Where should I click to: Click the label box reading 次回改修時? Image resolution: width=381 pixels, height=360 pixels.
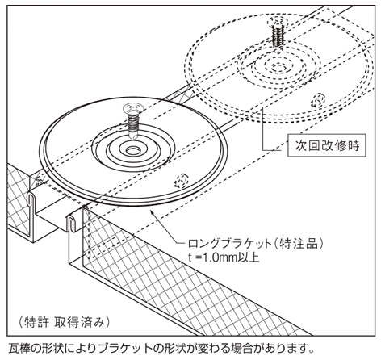(327, 145)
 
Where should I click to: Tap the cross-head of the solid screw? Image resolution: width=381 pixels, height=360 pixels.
(133, 110)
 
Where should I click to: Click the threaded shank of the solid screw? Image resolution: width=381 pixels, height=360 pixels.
(134, 124)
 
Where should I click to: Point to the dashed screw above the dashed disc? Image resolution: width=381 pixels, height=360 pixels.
(278, 31)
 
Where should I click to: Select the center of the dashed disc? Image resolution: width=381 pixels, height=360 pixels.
(279, 66)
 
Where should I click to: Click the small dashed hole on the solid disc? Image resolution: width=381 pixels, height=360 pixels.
(182, 180)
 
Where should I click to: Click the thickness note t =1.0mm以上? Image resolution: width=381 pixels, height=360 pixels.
(224, 257)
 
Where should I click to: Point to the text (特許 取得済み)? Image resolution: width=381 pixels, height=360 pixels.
(65, 322)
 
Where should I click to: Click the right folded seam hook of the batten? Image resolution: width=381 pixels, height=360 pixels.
(70, 224)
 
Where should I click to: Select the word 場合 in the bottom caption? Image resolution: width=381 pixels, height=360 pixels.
(241, 349)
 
